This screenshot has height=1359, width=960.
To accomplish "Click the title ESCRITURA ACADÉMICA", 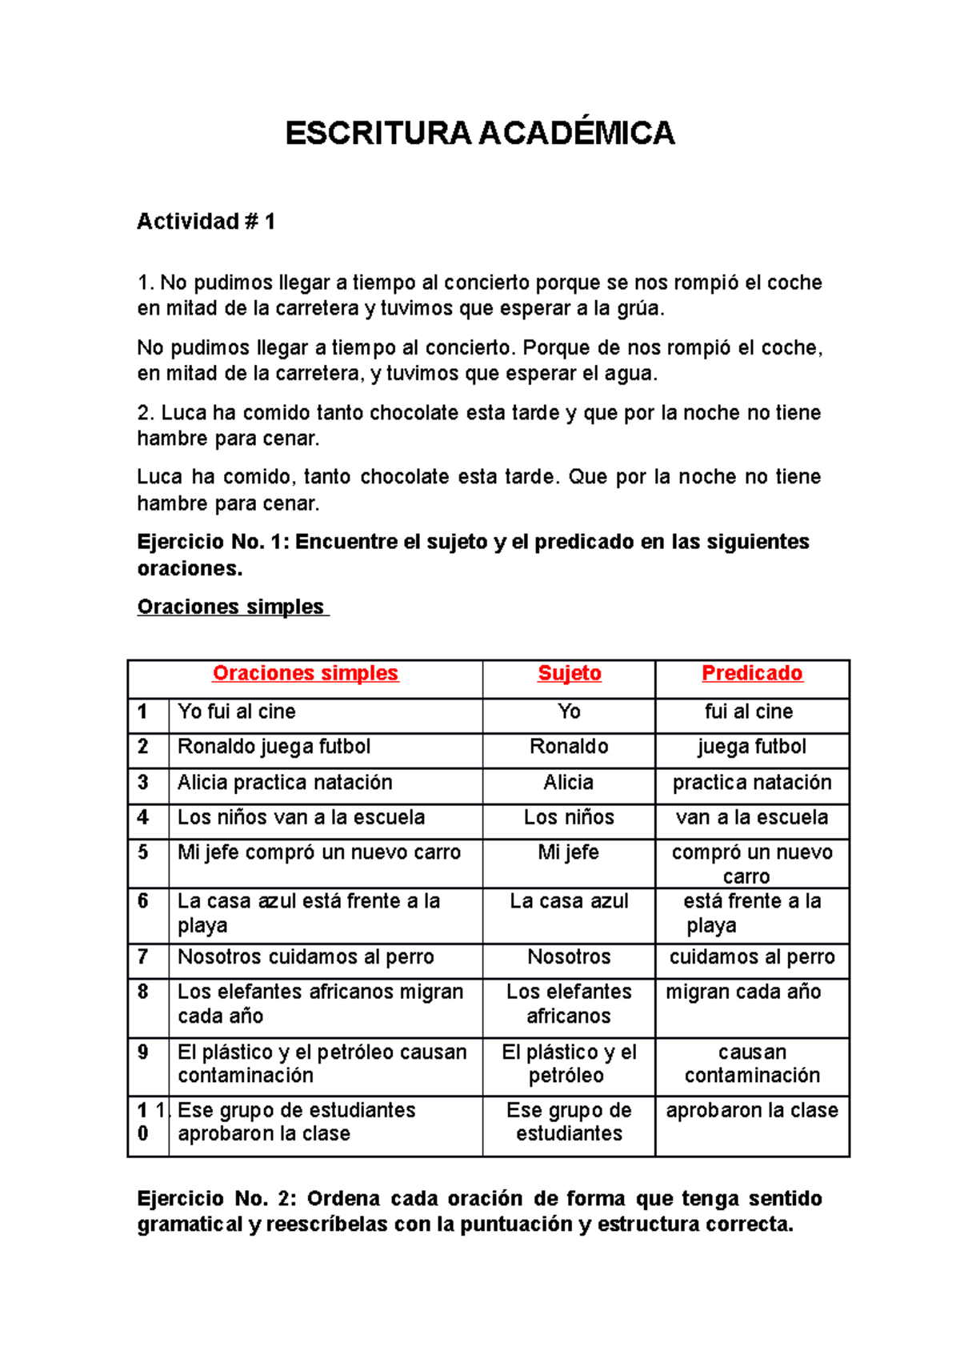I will [480, 133].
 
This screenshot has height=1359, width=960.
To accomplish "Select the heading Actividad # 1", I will [206, 222].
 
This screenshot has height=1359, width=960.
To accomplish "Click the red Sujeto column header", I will [569, 673].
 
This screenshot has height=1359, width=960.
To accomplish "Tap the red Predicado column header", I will [751, 673].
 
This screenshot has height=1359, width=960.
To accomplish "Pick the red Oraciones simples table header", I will [305, 673].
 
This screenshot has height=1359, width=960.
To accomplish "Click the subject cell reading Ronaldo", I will [569, 747].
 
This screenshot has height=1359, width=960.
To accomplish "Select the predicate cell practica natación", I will [751, 782].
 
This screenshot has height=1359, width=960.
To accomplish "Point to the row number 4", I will [143, 817].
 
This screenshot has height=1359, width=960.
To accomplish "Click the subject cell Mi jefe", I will [569, 852].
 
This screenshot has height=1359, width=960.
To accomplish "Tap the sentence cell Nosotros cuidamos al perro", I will [306, 957].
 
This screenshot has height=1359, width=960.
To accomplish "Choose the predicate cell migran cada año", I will [743, 992].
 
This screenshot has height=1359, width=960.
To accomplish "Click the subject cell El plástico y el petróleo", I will [569, 1064].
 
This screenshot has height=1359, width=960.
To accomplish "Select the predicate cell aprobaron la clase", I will [751, 1111].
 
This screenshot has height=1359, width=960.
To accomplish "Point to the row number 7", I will [143, 957].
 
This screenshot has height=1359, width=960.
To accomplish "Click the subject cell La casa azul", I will [569, 901].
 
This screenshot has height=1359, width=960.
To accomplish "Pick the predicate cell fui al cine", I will [748, 712].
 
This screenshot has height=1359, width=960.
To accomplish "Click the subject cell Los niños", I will [569, 817].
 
